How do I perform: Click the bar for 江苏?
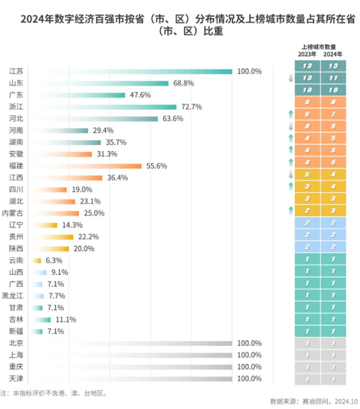pos(129,71)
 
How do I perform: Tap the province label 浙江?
pos(16,107)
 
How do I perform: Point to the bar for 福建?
pos(84,166)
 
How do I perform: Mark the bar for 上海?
pos(129,355)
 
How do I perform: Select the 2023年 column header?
pos(307,54)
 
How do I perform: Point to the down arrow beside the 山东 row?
pos(290,79)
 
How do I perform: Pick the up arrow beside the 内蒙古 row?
pos(290,210)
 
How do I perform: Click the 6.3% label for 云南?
pos(53,260)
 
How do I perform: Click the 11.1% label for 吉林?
pos(65,320)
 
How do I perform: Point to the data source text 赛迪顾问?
pos(315,401)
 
